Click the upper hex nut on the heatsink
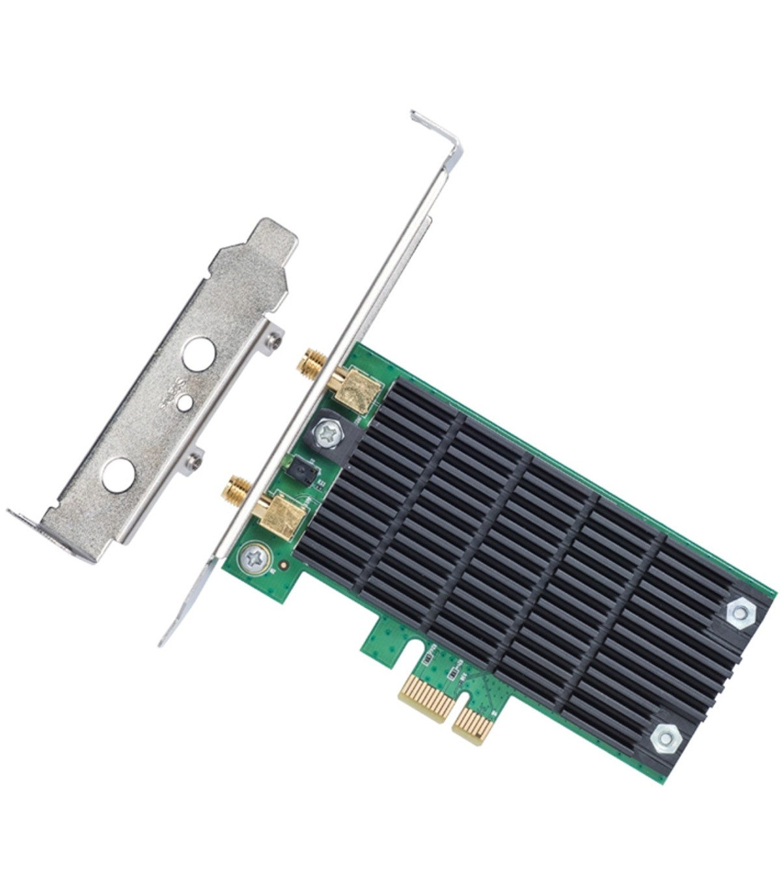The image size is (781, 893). click(739, 612)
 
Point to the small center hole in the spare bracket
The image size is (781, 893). click(187, 402)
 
